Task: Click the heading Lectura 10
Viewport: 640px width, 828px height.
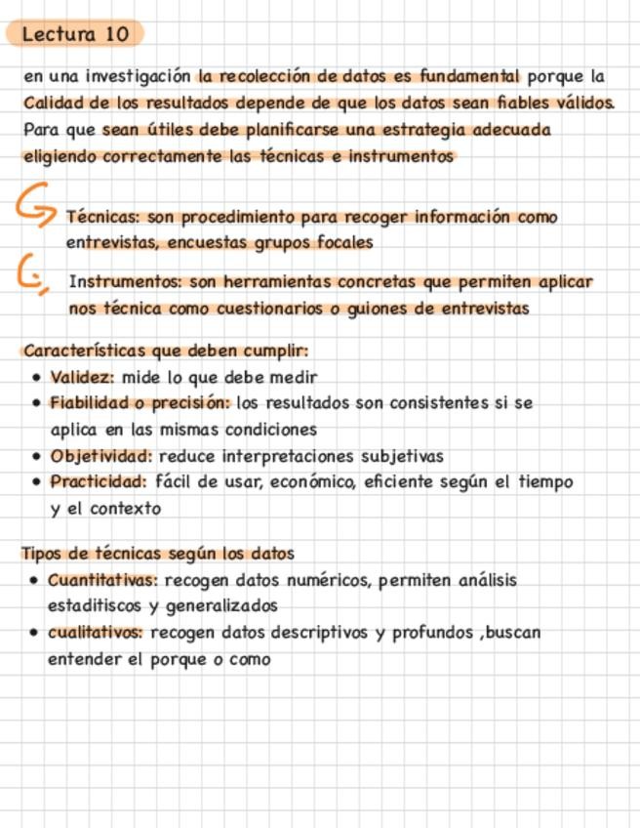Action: (x=75, y=34)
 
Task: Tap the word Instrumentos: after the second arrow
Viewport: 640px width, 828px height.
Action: (x=125, y=282)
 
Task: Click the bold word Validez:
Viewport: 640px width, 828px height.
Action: (x=83, y=377)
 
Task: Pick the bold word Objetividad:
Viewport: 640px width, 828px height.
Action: (x=101, y=456)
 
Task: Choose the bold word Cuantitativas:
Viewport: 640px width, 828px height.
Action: (x=103, y=580)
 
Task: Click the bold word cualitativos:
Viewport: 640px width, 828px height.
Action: (x=96, y=633)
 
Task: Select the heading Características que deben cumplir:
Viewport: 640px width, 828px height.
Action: (x=166, y=351)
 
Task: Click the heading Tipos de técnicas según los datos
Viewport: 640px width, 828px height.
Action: (x=157, y=554)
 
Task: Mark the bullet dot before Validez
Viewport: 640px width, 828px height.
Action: (x=36, y=378)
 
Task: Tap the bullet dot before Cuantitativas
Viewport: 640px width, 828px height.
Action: (x=35, y=581)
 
